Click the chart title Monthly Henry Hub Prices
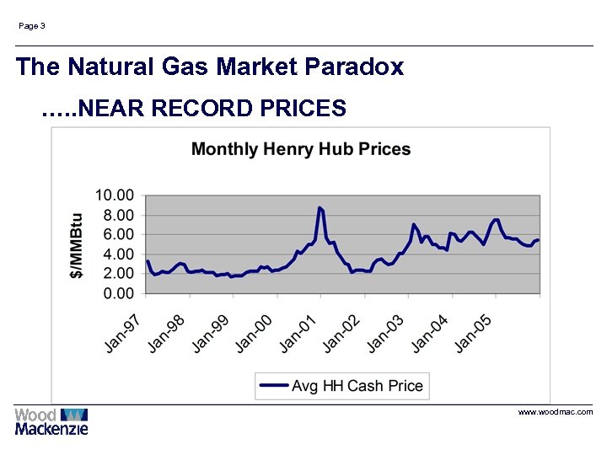[301, 150]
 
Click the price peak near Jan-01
[320, 207]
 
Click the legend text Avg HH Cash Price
[357, 386]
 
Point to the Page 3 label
[32, 26]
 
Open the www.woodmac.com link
[555, 412]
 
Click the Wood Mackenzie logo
[51, 421]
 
